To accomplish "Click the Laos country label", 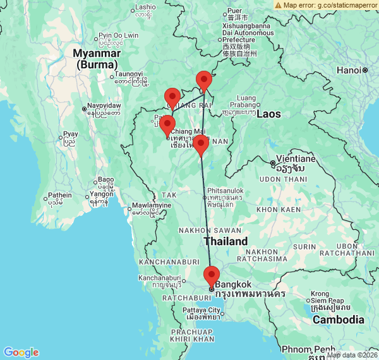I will pos(269,114).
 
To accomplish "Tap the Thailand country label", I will pos(226,241).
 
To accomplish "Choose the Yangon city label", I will pos(101,194).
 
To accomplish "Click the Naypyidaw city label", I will pos(104,105).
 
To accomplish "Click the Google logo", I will pos(21,352).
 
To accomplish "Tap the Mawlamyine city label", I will pos(151,205).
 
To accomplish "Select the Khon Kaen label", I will pos(279,209).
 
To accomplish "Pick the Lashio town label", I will pos(145,7).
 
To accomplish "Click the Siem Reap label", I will pos(327,300).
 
